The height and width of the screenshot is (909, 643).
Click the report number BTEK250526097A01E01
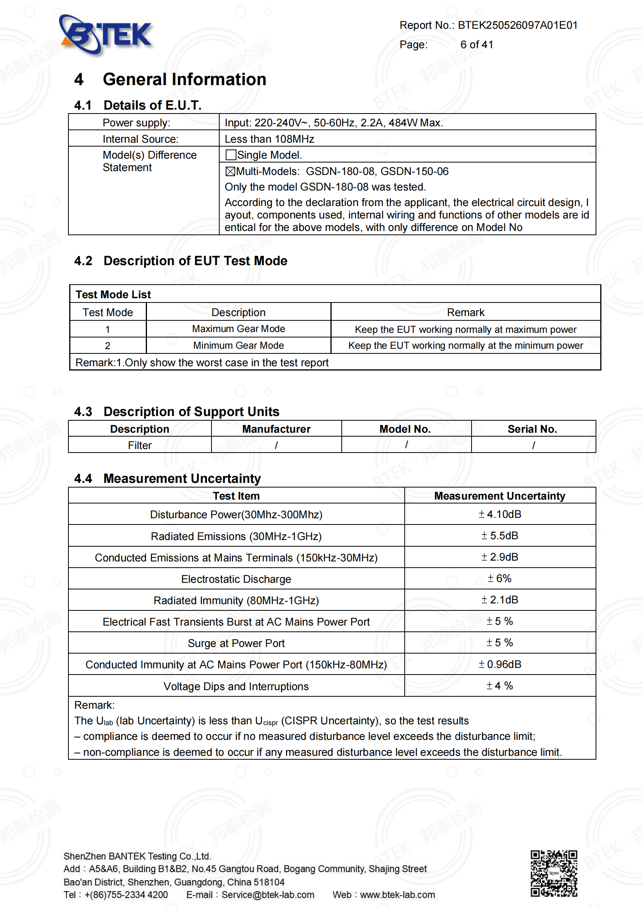tap(517, 25)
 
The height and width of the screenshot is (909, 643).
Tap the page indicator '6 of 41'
tap(477, 45)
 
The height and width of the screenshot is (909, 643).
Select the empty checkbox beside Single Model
tap(231, 155)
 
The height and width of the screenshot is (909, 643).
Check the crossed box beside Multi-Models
tap(231, 171)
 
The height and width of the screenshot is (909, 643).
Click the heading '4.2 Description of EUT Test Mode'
tap(180, 261)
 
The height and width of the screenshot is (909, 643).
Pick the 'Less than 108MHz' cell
tap(270, 139)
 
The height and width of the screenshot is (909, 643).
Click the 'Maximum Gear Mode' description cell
tap(238, 329)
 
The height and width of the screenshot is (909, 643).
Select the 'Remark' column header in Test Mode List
tap(466, 312)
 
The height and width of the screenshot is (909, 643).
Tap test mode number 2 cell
tap(107, 346)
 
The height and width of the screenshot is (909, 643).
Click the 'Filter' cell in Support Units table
tap(140, 446)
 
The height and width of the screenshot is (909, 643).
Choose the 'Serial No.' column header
tap(533, 429)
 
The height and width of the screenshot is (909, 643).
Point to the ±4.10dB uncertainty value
tap(500, 514)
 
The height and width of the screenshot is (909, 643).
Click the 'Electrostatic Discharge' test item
tap(236, 579)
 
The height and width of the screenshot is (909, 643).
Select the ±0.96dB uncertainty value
tap(500, 664)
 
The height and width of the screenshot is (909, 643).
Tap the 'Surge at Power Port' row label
tap(236, 643)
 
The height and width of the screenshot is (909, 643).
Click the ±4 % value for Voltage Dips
tap(500, 686)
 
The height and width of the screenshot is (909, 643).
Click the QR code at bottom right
tap(554, 873)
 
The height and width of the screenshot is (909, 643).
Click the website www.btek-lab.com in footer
tap(397, 895)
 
